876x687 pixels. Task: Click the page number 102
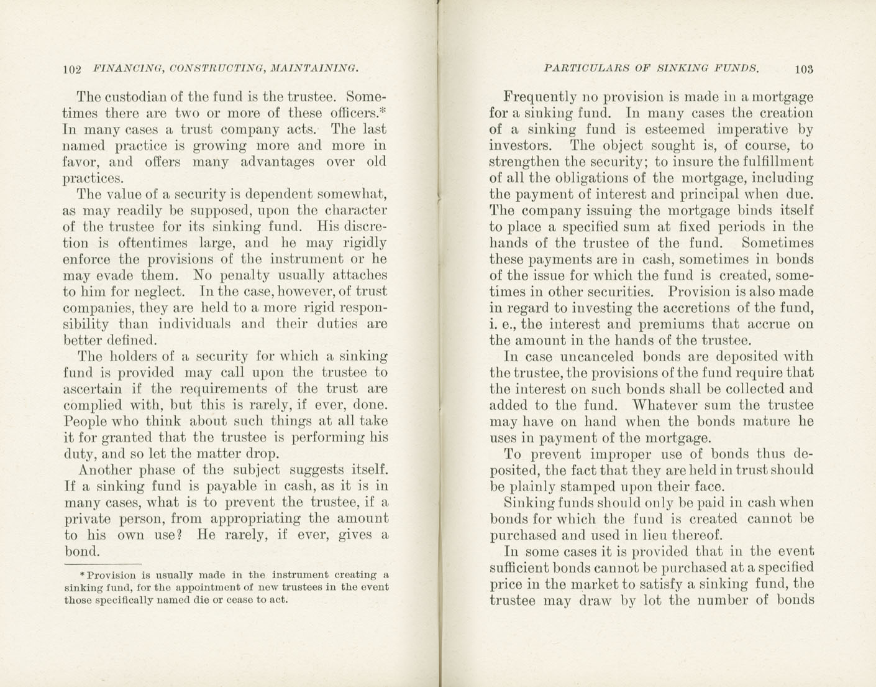(72, 69)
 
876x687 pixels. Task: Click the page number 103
(803, 69)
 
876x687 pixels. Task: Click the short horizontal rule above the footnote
(103, 564)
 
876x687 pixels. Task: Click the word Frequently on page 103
(539, 98)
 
